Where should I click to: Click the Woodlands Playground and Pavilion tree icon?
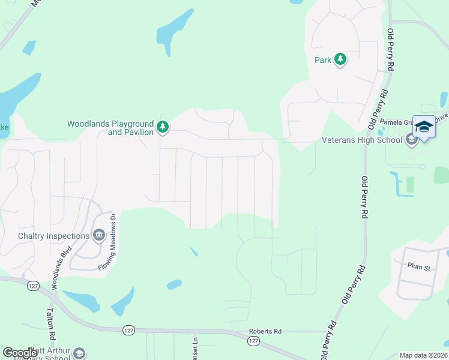(x=162, y=127)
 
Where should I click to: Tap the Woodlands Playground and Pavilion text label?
(x=110, y=128)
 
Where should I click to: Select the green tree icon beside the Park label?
(x=340, y=59)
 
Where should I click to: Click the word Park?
(x=323, y=60)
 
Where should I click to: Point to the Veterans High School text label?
(x=362, y=140)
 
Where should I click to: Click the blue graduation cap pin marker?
(x=424, y=127)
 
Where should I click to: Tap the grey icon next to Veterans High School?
(x=411, y=140)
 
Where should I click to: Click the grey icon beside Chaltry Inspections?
(x=98, y=236)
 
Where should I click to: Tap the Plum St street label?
(x=419, y=267)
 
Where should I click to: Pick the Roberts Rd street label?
(x=265, y=331)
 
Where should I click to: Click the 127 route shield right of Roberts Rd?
(x=253, y=341)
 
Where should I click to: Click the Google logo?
(x=20, y=352)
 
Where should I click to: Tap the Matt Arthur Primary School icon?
(x=79, y=353)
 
